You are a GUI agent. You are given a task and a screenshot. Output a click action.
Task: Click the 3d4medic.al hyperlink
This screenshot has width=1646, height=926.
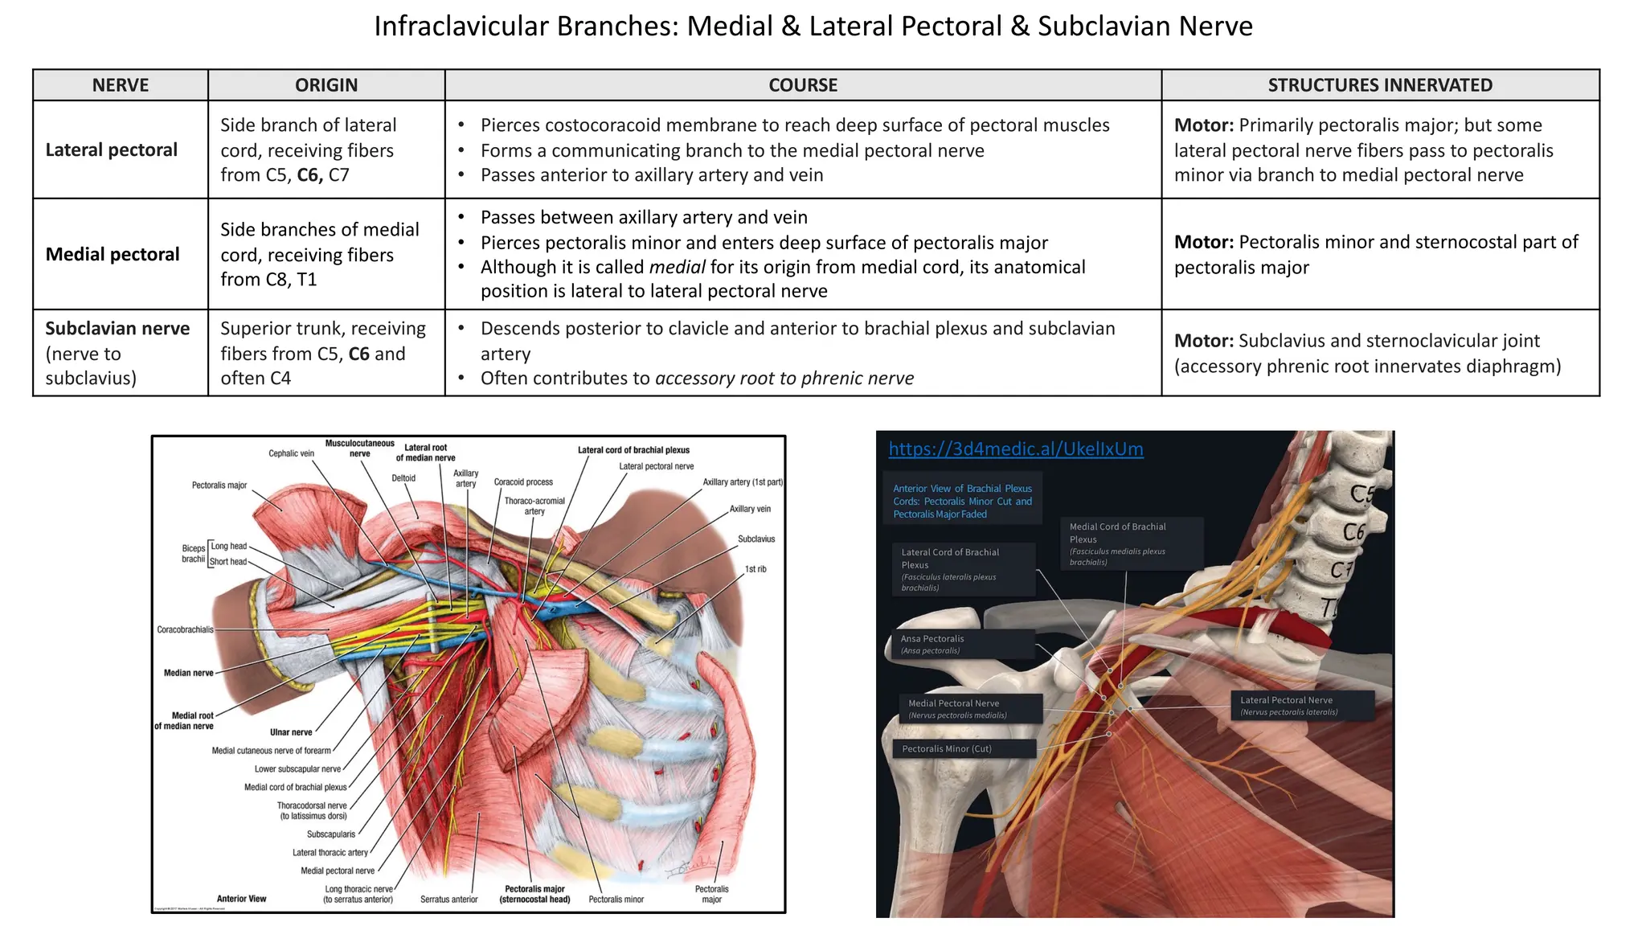coord(1015,449)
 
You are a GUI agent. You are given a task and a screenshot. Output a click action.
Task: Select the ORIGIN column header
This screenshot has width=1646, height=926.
coord(326,85)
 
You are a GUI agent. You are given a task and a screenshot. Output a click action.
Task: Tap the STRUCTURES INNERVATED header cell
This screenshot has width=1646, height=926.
coord(1380,85)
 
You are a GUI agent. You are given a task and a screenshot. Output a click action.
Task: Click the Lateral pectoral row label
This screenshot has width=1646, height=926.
coord(112,150)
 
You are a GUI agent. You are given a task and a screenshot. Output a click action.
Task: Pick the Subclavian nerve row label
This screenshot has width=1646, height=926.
coord(117,329)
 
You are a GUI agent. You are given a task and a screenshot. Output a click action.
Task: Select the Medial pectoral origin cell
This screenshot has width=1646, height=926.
coord(320,255)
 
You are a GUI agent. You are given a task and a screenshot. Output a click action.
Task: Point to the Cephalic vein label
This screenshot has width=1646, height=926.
coord(291,453)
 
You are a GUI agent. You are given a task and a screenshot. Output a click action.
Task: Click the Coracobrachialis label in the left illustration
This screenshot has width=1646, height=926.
coord(186,629)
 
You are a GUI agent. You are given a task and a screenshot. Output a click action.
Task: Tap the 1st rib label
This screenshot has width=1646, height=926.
coord(755,569)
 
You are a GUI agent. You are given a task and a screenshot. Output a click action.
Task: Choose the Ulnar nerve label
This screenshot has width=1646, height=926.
coord(291,732)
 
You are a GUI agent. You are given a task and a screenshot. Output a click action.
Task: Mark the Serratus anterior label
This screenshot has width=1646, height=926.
coord(448,899)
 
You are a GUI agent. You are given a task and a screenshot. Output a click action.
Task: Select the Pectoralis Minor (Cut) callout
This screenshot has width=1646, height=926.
coord(962,749)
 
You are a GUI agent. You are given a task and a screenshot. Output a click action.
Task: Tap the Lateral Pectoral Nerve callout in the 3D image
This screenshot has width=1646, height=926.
coord(1301,705)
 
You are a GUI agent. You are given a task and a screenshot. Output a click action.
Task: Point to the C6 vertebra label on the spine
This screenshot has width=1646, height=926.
coord(1353,532)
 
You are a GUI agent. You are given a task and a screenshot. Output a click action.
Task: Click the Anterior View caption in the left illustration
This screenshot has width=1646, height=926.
coord(241,899)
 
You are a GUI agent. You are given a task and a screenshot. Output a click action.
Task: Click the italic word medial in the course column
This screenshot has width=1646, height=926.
coord(678,267)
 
